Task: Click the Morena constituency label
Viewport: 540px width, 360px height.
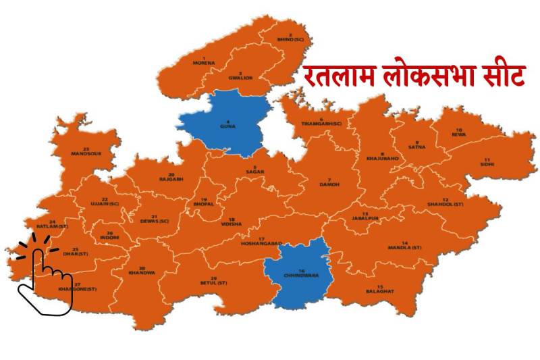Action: pyautogui.click(x=203, y=62)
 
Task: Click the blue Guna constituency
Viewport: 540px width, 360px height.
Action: pyautogui.click(x=228, y=126)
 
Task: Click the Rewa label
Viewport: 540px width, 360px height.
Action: pyautogui.click(x=459, y=133)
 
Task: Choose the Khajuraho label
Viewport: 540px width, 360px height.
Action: pyautogui.click(x=383, y=157)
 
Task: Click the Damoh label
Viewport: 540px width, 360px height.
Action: pyautogui.click(x=329, y=183)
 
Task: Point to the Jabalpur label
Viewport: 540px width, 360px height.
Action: pyautogui.click(x=364, y=217)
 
